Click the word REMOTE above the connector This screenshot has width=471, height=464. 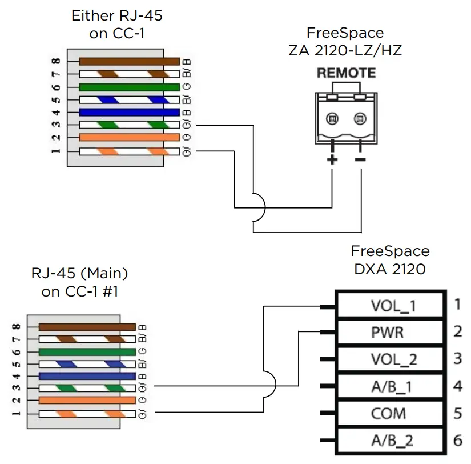point(346,73)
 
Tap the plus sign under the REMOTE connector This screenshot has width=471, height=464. point(332,159)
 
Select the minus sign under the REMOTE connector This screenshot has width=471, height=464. point(360,159)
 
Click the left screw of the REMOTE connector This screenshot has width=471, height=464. point(332,119)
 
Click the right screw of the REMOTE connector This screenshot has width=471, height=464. point(360,119)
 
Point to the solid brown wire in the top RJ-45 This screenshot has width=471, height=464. point(129,62)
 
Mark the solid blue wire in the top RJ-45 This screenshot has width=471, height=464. point(129,113)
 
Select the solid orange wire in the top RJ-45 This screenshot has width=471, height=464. point(129,138)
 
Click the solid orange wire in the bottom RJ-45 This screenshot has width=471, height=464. point(87,400)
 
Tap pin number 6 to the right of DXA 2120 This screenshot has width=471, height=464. point(457,440)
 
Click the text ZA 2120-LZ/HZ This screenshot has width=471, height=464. point(345,50)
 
